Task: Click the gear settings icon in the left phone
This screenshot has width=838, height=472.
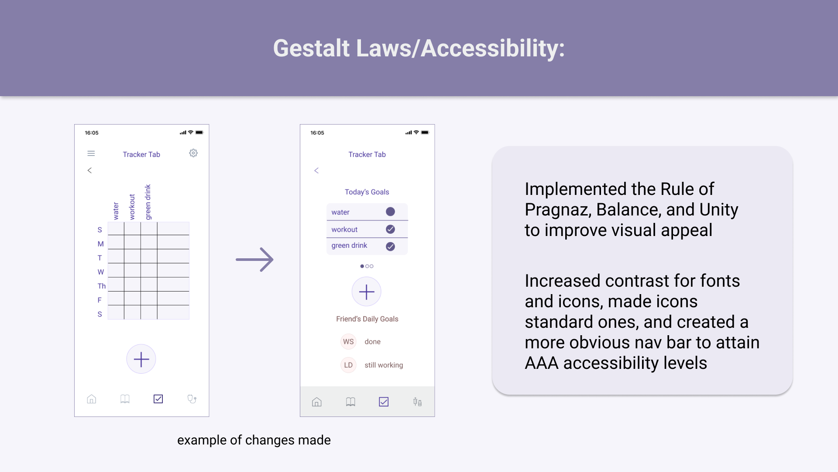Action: [x=193, y=153]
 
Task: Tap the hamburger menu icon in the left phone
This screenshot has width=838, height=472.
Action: [x=91, y=153]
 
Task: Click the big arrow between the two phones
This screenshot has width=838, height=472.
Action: [x=254, y=260]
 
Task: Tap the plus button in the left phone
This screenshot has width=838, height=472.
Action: [x=141, y=359]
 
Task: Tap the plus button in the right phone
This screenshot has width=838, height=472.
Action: [x=367, y=292]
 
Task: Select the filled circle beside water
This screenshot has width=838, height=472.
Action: [x=391, y=212]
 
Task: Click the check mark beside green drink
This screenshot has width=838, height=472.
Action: [x=391, y=246]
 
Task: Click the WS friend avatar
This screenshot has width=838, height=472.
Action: [x=348, y=342]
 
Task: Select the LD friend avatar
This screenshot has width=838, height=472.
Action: [x=348, y=365]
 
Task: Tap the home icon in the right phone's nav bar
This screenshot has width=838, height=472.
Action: [x=317, y=402]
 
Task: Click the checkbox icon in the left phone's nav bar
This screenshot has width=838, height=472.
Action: [x=158, y=399]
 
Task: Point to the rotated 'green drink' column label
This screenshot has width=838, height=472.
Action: [x=148, y=202]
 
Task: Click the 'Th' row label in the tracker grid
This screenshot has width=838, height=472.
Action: [x=101, y=286]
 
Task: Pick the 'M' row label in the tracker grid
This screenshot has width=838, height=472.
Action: [x=100, y=244]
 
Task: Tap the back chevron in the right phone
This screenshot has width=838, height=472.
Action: [x=316, y=170]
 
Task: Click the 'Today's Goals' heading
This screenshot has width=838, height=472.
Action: [x=367, y=192]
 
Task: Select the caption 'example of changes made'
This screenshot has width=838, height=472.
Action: [x=254, y=440]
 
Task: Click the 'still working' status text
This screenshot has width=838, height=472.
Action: [x=384, y=365]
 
